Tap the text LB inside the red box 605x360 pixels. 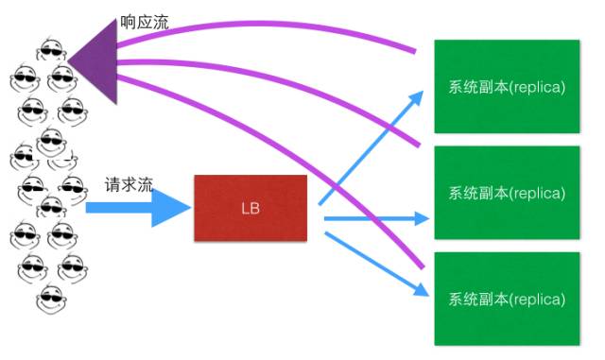click(251, 207)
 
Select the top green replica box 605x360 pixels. click(506, 87)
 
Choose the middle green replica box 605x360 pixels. click(506, 193)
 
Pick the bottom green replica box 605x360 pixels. click(506, 299)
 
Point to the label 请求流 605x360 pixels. click(130, 185)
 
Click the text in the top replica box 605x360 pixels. click(506, 87)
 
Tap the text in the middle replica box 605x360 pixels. click(506, 193)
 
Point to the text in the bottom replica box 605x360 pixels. click(506, 299)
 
